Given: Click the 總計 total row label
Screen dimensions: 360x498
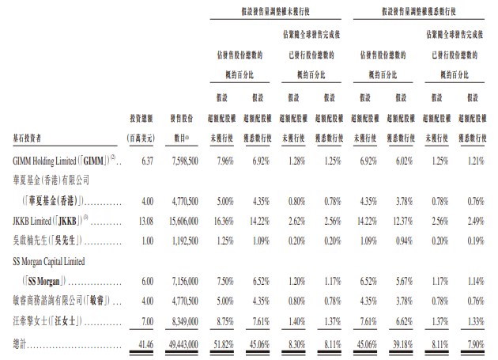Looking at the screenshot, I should (23, 342).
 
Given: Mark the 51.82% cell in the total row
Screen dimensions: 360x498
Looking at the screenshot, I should (224, 342).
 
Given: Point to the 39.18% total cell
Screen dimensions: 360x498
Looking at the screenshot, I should (400, 342).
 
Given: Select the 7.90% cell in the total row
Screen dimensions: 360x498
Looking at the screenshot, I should (472, 342).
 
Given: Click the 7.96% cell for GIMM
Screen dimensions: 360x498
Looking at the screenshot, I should (226, 161).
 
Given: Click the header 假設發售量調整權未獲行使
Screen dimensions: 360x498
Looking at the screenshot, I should (277, 10).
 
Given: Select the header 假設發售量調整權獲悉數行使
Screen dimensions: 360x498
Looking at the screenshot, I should (420, 10).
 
